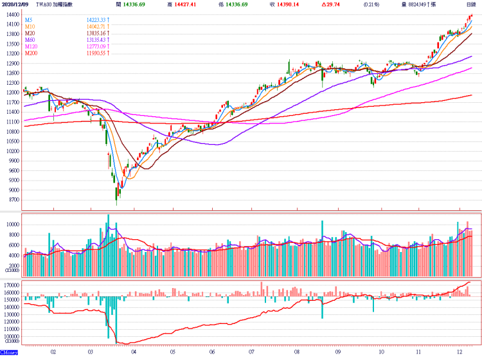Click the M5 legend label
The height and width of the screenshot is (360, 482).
tap(28, 20)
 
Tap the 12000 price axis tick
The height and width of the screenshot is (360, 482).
tap(12, 93)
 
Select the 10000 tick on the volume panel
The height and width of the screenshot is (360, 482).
tap(12, 224)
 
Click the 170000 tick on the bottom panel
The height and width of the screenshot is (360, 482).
tap(10, 283)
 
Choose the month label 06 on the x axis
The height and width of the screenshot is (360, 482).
tap(212, 352)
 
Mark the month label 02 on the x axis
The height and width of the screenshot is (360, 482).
tap(53, 352)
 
